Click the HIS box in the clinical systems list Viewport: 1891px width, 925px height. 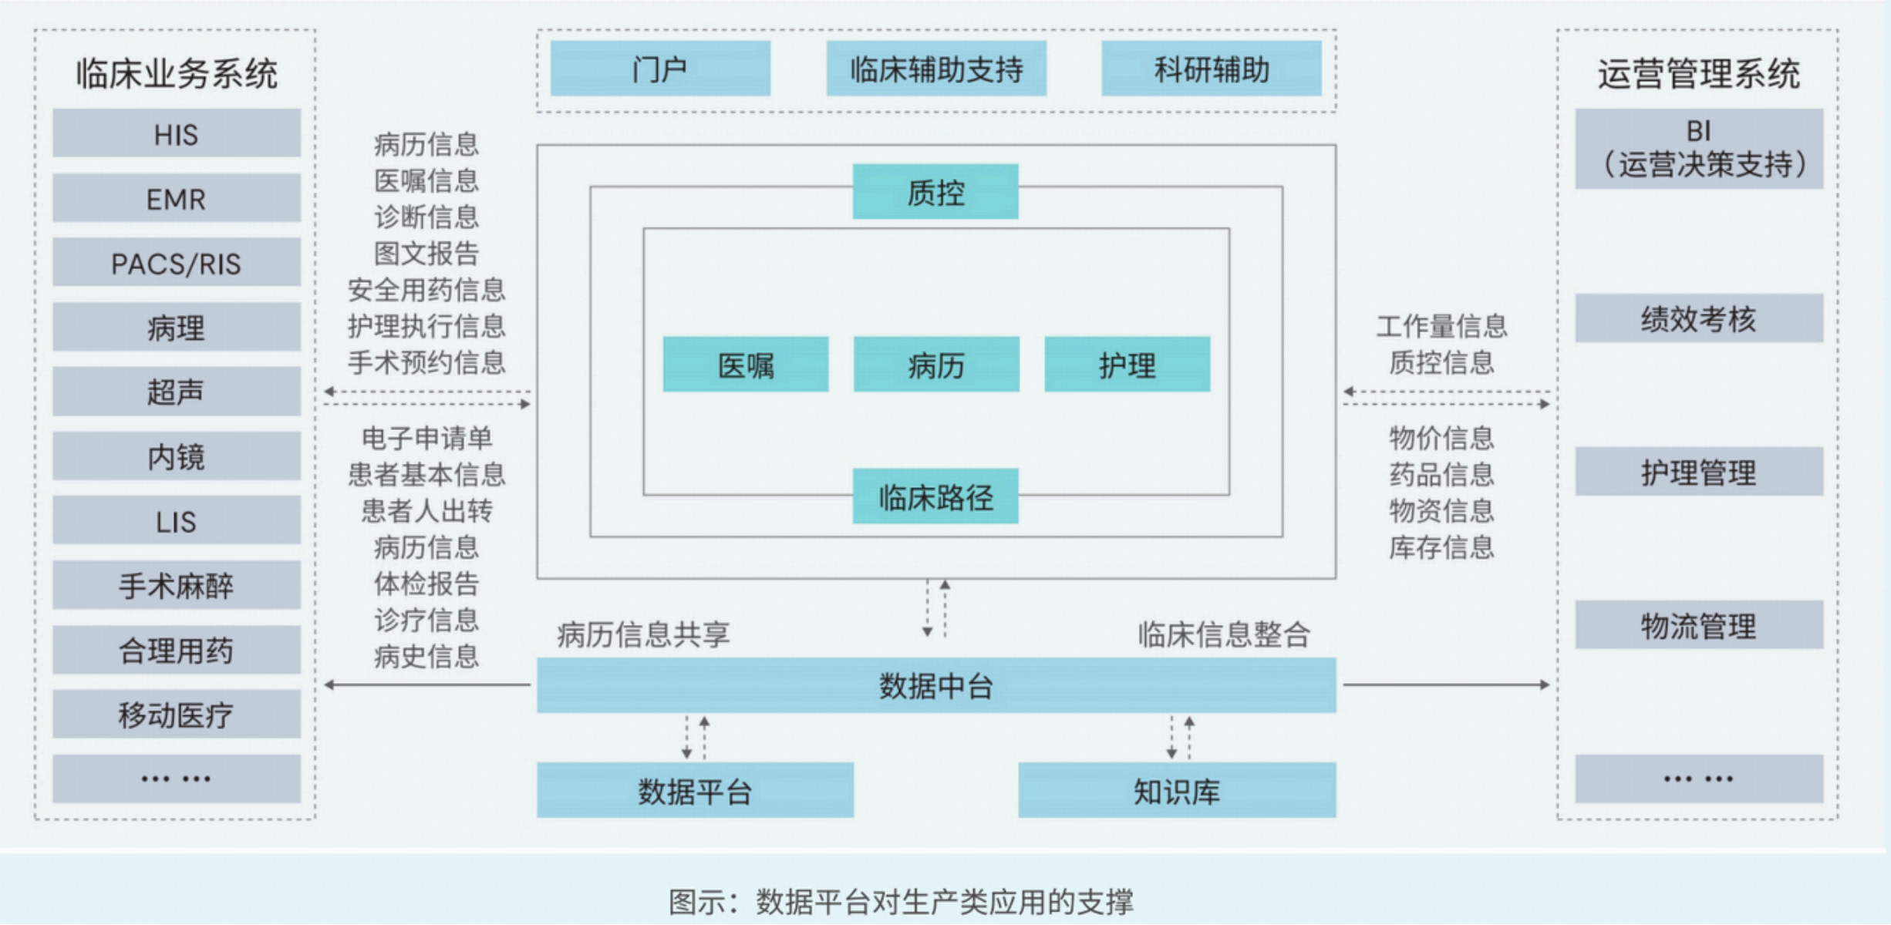click(176, 134)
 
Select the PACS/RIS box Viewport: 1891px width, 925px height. click(176, 264)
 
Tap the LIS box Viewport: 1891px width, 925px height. click(176, 522)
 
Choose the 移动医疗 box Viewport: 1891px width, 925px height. click(176, 715)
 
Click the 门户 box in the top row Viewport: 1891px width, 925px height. click(660, 69)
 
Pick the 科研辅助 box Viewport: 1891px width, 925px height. click(1211, 69)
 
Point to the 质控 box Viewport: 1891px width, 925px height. click(935, 192)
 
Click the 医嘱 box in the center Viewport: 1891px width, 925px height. click(745, 365)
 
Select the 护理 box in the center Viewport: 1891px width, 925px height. click(1127, 365)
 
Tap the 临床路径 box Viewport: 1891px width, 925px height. click(935, 497)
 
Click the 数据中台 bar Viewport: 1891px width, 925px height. click(935, 685)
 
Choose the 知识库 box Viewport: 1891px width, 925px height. click(1176, 791)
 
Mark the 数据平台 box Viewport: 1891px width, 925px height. click(694, 791)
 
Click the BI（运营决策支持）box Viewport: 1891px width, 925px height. click(1698, 149)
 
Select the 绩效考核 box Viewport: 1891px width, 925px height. click(1698, 318)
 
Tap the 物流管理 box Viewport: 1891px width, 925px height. click(1698, 625)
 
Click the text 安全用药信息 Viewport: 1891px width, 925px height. click(426, 290)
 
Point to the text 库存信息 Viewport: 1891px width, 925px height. click(1441, 547)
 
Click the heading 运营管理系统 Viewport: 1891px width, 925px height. click(1698, 74)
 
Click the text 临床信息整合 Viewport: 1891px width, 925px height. click(1224, 634)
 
